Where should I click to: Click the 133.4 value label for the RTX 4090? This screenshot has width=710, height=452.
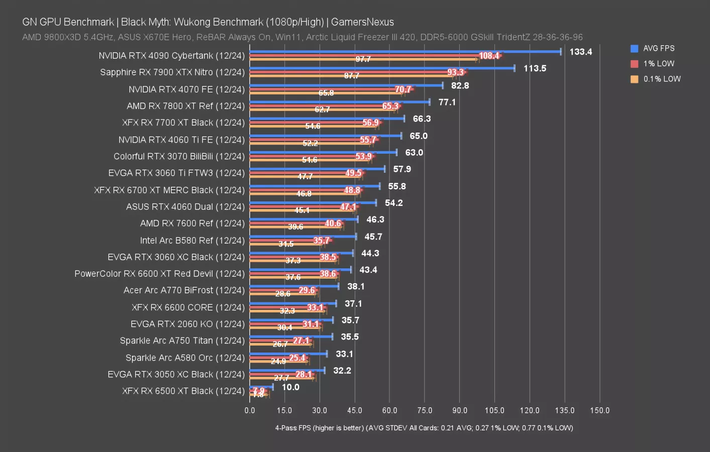[580, 52]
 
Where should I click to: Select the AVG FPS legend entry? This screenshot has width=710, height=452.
[658, 48]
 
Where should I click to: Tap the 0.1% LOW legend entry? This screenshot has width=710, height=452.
[662, 79]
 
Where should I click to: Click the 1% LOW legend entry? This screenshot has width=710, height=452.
[658, 64]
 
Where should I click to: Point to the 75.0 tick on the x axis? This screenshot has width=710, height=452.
[425, 410]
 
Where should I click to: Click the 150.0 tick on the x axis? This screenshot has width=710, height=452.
[599, 410]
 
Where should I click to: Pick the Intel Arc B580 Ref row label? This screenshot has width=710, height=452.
[192, 240]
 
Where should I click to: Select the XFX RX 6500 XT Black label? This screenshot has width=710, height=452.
[183, 391]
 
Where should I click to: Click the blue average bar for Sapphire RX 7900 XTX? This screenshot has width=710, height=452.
[382, 68]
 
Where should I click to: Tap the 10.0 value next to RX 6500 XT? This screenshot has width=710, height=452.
[290, 387]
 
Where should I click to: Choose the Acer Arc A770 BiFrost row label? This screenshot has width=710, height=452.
[184, 290]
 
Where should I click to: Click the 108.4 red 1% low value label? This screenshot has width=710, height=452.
[489, 56]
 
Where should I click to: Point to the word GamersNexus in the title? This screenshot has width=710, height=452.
[362, 22]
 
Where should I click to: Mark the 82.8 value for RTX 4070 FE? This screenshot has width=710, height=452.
[460, 85]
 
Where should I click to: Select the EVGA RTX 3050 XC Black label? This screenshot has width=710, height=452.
[176, 374]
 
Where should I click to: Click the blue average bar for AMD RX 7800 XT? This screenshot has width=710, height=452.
[340, 102]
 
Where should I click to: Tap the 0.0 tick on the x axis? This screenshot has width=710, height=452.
[250, 410]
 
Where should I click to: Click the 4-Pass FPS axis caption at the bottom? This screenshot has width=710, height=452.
[424, 428]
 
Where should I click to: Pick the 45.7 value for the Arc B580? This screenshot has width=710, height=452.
[373, 237]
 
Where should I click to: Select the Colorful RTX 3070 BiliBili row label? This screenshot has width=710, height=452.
[179, 156]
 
